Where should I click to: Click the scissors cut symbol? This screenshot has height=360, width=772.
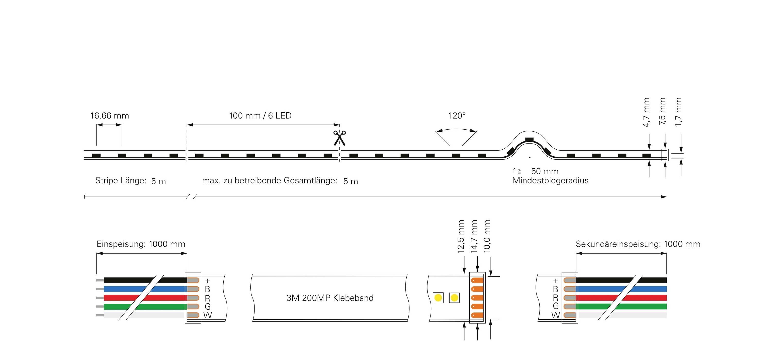[x=339, y=138]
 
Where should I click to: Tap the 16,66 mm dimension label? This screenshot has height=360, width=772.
[x=110, y=116]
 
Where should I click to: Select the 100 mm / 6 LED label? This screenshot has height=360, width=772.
[x=260, y=116]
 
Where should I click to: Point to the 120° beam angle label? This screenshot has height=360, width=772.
[x=457, y=116]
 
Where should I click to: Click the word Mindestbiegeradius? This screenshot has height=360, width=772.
[x=550, y=181]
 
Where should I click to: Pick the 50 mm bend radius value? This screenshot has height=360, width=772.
[x=545, y=171]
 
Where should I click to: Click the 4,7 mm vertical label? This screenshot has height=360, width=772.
[x=646, y=112]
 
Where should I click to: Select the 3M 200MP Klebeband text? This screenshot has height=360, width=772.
[x=330, y=298]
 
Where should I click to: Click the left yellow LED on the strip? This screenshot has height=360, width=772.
[x=438, y=298]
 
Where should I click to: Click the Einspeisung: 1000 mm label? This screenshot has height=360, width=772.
[x=141, y=244]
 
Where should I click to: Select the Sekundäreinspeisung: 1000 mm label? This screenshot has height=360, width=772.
[x=638, y=244]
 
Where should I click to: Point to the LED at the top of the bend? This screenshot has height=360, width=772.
[x=530, y=140]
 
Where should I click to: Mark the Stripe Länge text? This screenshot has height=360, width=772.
[x=121, y=181]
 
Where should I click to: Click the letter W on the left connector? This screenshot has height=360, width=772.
[x=207, y=315]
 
